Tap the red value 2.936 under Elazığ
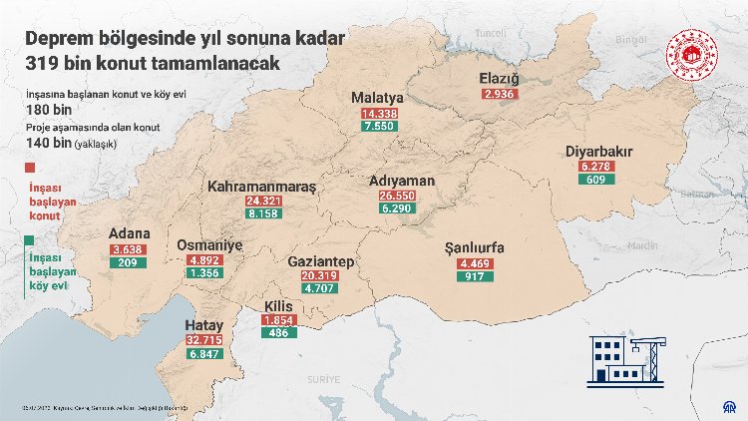click(498, 94)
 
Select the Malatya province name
click(377, 98)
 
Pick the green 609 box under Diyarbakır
click(597, 180)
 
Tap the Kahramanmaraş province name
click(261, 187)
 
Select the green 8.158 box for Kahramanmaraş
click(262, 214)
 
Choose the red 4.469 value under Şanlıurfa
click(474, 262)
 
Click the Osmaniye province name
click(209, 244)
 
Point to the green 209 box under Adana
click(128, 263)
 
